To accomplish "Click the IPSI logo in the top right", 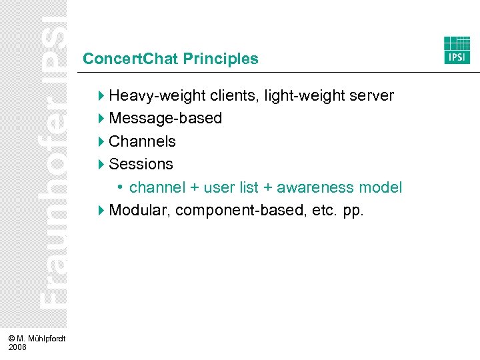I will pos(457,50).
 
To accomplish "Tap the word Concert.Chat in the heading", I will pos(131,59).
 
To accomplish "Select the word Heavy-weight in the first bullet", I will pos(151,96).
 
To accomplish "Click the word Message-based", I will pos(165,119).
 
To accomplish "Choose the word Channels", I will pos(142,141).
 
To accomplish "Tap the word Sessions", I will pos(141,164).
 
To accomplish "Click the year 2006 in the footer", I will pos(19,347).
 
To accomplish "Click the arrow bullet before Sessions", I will pos(101,164).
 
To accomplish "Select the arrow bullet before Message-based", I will pos(101,119).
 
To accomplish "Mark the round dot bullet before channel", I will pos(121,187).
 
